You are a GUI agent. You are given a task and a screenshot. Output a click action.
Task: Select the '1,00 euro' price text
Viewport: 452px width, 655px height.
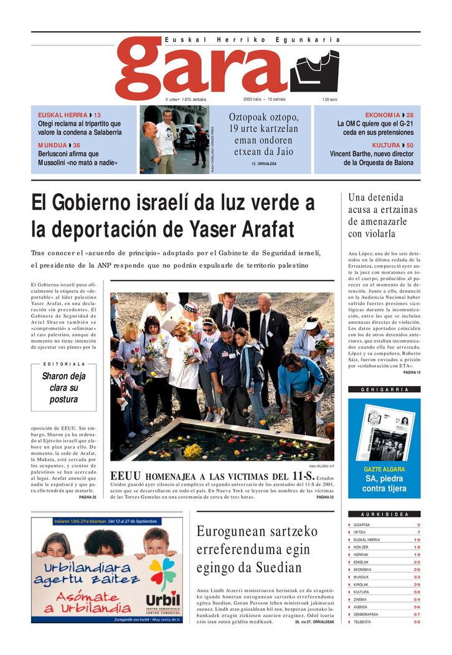[x=329, y=100]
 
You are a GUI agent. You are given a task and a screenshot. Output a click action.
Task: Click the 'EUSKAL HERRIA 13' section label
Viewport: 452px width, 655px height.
[x=69, y=115]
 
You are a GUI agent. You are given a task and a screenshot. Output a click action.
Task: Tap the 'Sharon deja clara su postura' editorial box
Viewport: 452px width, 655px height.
[x=64, y=387]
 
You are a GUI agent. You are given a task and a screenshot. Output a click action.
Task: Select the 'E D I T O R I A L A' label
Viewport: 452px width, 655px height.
[x=64, y=364]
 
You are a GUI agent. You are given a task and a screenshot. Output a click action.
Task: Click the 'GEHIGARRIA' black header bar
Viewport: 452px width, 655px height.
[x=384, y=390]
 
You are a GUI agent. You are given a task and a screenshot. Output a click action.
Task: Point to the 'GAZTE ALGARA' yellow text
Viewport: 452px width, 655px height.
[x=384, y=469]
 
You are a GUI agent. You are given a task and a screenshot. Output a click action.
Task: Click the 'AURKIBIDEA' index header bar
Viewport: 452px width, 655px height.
[x=384, y=514]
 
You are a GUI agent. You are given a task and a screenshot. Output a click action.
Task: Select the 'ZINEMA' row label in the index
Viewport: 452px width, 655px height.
[x=360, y=599]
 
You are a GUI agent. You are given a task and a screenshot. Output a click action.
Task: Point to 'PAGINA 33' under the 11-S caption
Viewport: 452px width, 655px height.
[x=325, y=497]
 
